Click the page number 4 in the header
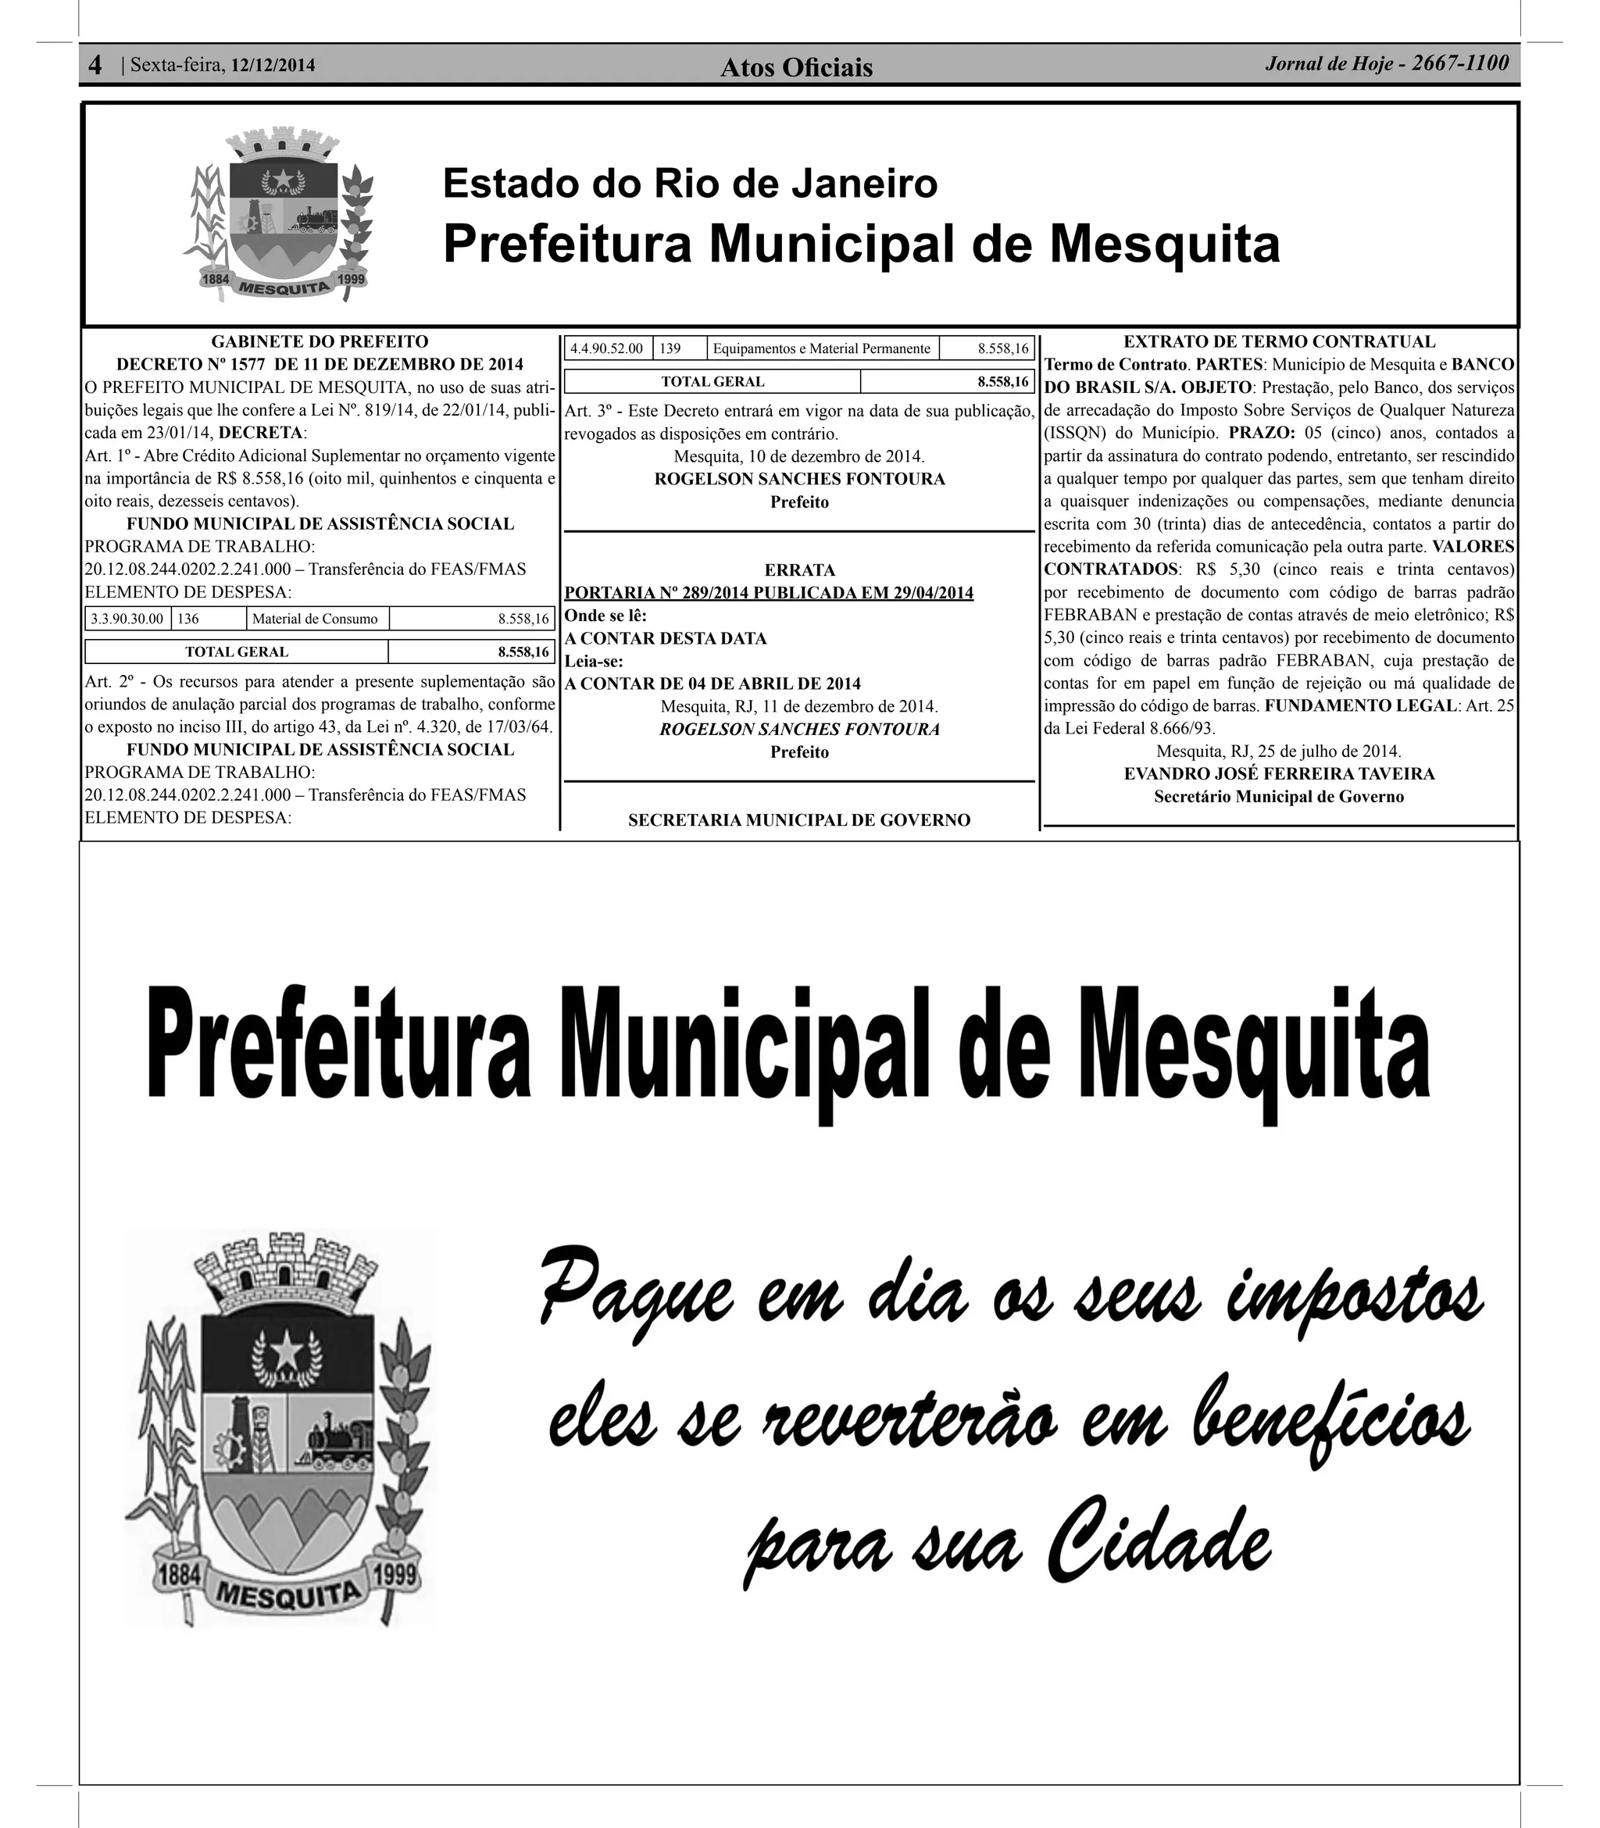coord(95,65)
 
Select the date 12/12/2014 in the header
coord(273,65)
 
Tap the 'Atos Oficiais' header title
coord(796,67)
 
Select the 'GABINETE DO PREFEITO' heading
coord(320,341)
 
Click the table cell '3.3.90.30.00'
coord(127,619)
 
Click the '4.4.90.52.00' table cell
coord(606,348)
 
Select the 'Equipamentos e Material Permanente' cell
coord(821,348)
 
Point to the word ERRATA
coord(799,569)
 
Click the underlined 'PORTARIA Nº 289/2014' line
coord(769,593)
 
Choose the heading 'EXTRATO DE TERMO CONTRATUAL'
coord(1279,341)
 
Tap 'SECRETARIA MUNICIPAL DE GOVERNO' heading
coord(799,819)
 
